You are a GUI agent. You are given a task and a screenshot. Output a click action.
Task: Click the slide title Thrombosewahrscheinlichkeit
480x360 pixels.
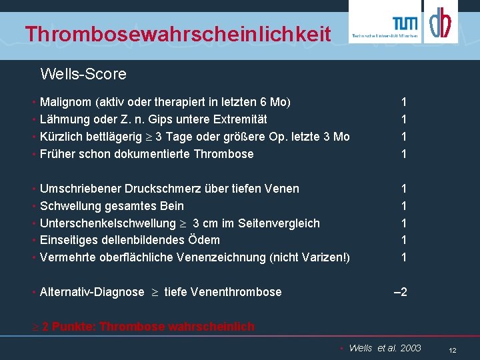click(x=177, y=33)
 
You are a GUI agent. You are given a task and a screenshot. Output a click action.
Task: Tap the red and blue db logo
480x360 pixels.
click(x=440, y=23)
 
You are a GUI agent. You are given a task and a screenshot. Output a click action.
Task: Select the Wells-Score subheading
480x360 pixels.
click(x=83, y=73)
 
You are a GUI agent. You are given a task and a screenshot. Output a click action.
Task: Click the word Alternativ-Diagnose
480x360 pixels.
click(x=92, y=291)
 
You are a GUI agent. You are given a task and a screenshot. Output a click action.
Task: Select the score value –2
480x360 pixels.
click(x=401, y=291)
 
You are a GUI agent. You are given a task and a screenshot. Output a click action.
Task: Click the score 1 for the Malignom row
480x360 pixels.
click(x=403, y=102)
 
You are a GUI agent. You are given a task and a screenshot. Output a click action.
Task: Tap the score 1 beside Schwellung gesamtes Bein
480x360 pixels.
click(x=403, y=206)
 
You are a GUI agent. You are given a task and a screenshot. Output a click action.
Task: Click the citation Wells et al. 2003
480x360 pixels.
click(x=385, y=348)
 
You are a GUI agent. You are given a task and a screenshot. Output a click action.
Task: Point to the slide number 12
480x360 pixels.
click(x=452, y=350)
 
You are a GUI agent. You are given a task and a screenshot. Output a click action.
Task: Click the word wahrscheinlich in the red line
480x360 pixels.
click(x=211, y=326)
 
